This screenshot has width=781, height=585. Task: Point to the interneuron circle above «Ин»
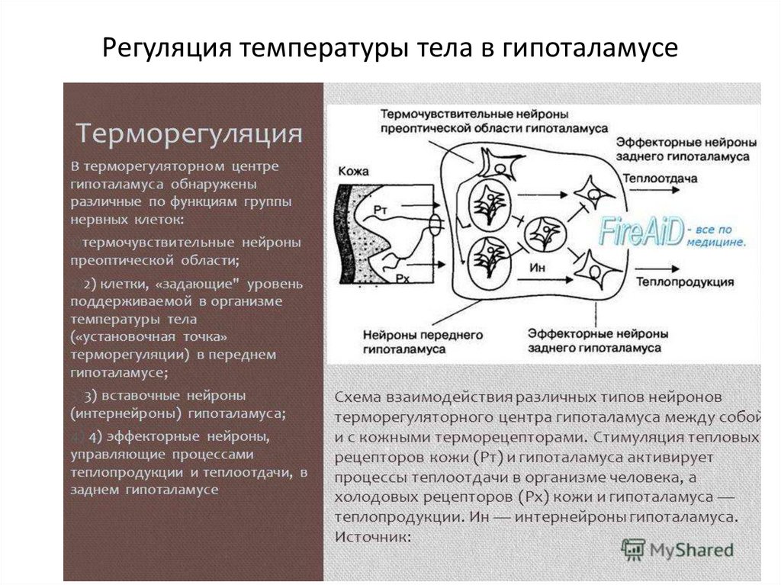(x=546, y=233)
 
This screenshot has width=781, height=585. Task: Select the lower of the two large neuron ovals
(x=485, y=259)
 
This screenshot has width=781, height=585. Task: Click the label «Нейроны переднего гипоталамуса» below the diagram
(x=412, y=341)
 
